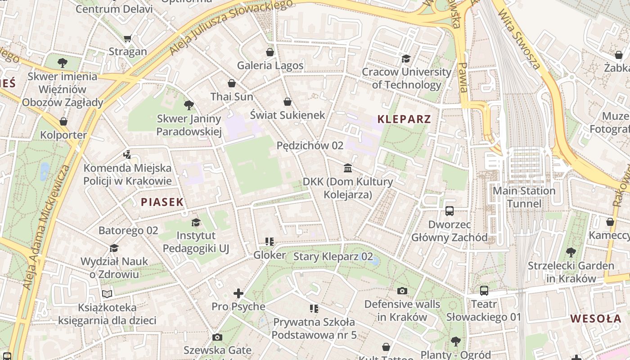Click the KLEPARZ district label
pyautogui.click(x=404, y=119)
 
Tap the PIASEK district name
pyautogui.click(x=162, y=202)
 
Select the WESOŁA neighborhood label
pyautogui.click(x=596, y=319)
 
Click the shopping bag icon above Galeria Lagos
pyautogui.click(x=270, y=52)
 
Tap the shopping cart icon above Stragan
pyautogui.click(x=128, y=39)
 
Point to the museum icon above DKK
pyautogui.click(x=348, y=168)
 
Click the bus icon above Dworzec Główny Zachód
pyautogui.click(x=449, y=211)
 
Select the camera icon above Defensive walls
pyautogui.click(x=402, y=291)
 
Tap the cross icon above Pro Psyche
pyautogui.click(x=238, y=294)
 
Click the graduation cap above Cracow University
pyautogui.click(x=406, y=58)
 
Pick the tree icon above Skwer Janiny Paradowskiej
pyautogui.click(x=189, y=105)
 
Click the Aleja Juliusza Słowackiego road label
pyautogui.click(x=229, y=28)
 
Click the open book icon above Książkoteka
pyautogui.click(x=107, y=294)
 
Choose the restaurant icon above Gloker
pyautogui.click(x=270, y=242)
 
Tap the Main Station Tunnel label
pyautogui.click(x=524, y=197)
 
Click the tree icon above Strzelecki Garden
pyautogui.click(x=571, y=252)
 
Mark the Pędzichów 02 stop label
pyautogui.click(x=310, y=145)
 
